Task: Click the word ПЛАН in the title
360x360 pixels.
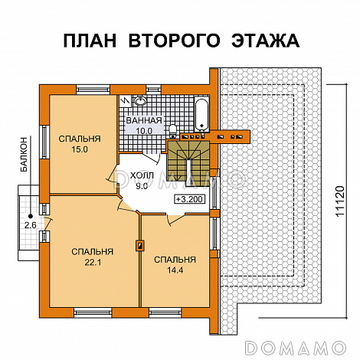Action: coord(90,40)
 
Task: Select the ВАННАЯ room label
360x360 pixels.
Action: coord(144,121)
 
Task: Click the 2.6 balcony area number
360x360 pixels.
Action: coord(31,225)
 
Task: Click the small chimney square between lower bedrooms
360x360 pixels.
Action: coord(139,245)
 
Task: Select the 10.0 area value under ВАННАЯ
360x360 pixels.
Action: coord(145,131)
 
